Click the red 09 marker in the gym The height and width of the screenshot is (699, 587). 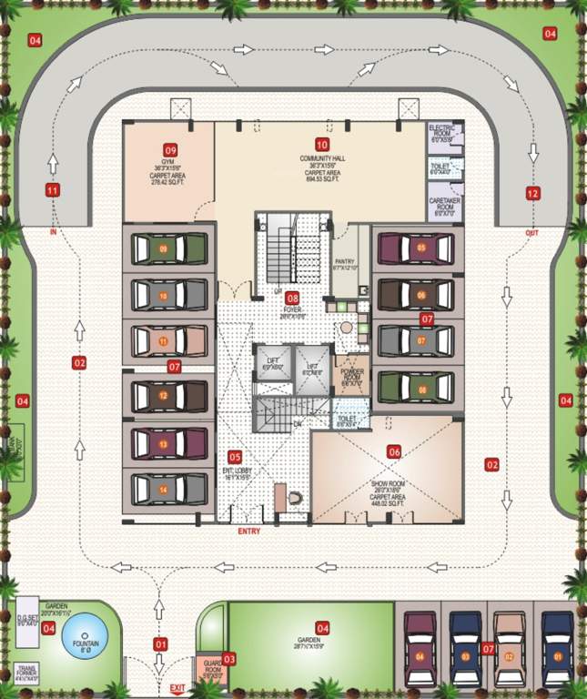pos(169,148)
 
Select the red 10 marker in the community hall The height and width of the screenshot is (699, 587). pos(321,145)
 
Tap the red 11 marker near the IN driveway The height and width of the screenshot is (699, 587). pos(52,190)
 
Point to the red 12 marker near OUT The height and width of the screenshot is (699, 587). pos(532,193)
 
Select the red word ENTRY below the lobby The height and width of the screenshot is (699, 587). pos(248,531)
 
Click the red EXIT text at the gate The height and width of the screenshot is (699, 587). pos(177,688)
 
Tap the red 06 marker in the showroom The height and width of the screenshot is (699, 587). pos(394,451)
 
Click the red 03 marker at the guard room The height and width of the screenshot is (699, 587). pos(228,658)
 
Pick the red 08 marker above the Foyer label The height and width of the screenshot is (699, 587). pos(292,298)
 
